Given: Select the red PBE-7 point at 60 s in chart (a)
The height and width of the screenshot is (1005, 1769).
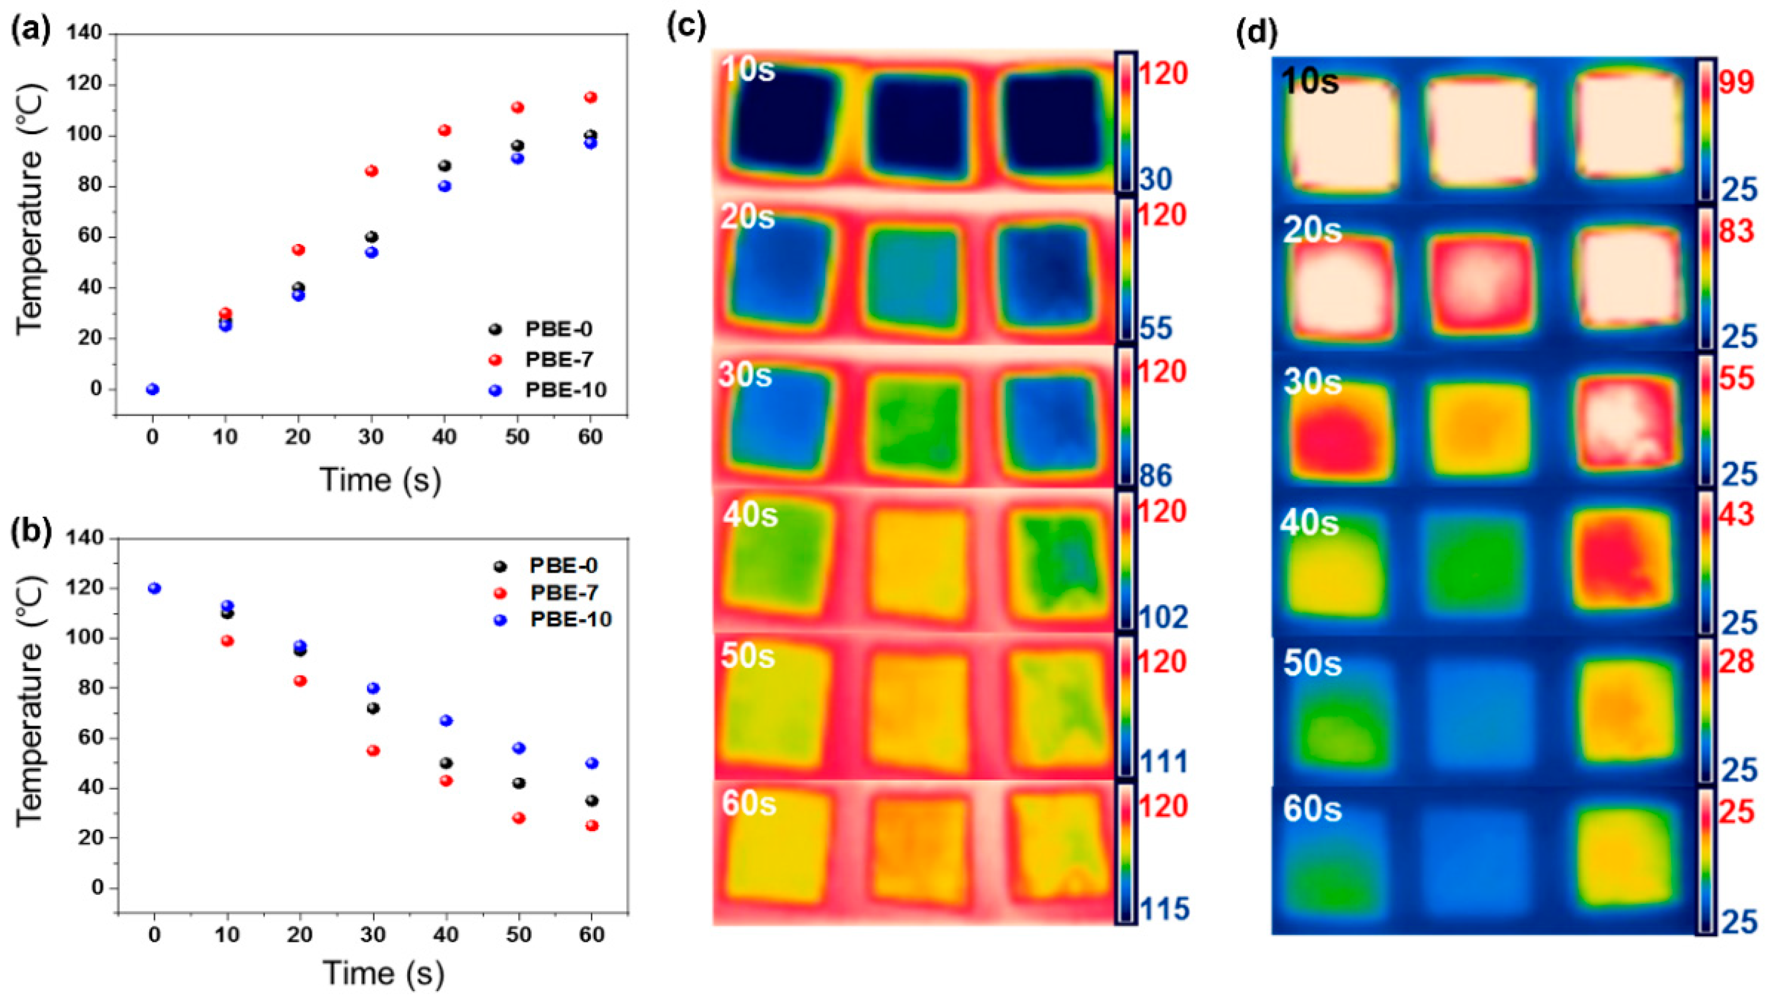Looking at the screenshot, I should [x=591, y=97].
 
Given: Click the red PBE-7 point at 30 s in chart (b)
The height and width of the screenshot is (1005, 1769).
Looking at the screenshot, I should [x=373, y=750].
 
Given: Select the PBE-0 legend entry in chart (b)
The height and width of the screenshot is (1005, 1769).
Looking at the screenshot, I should [x=563, y=566].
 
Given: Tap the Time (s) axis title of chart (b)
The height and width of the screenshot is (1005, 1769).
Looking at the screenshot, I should [x=382, y=973].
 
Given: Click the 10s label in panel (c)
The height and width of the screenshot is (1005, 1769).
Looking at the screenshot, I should [x=749, y=69].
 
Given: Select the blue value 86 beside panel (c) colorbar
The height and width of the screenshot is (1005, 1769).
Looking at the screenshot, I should [x=1156, y=475].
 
